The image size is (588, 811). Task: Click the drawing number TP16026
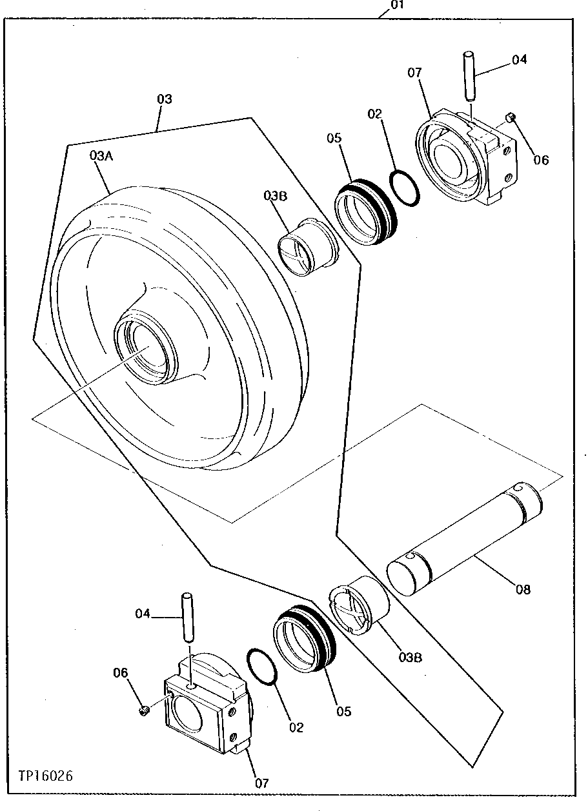pos(41,775)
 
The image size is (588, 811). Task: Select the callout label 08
pos(523,589)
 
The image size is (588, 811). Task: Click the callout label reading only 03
pos(165,99)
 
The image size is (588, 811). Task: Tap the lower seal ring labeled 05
pos(305,638)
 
